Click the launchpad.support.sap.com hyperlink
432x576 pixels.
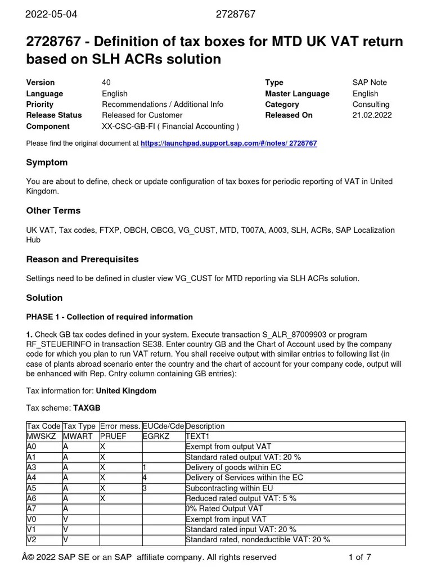click(228, 143)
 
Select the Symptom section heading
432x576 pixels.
click(47, 163)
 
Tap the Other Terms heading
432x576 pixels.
click(53, 211)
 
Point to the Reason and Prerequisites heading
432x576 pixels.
click(82, 260)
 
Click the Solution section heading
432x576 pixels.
click(44, 298)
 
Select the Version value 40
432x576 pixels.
click(106, 83)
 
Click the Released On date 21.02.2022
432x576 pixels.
click(372, 115)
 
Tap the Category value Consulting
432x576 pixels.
click(371, 105)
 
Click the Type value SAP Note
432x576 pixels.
click(370, 83)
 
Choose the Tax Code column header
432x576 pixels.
click(44, 426)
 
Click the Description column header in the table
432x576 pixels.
click(205, 426)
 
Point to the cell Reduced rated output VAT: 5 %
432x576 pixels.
click(241, 498)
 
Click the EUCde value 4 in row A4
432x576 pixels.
click(145, 478)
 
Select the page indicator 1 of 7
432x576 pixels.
click(360, 557)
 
